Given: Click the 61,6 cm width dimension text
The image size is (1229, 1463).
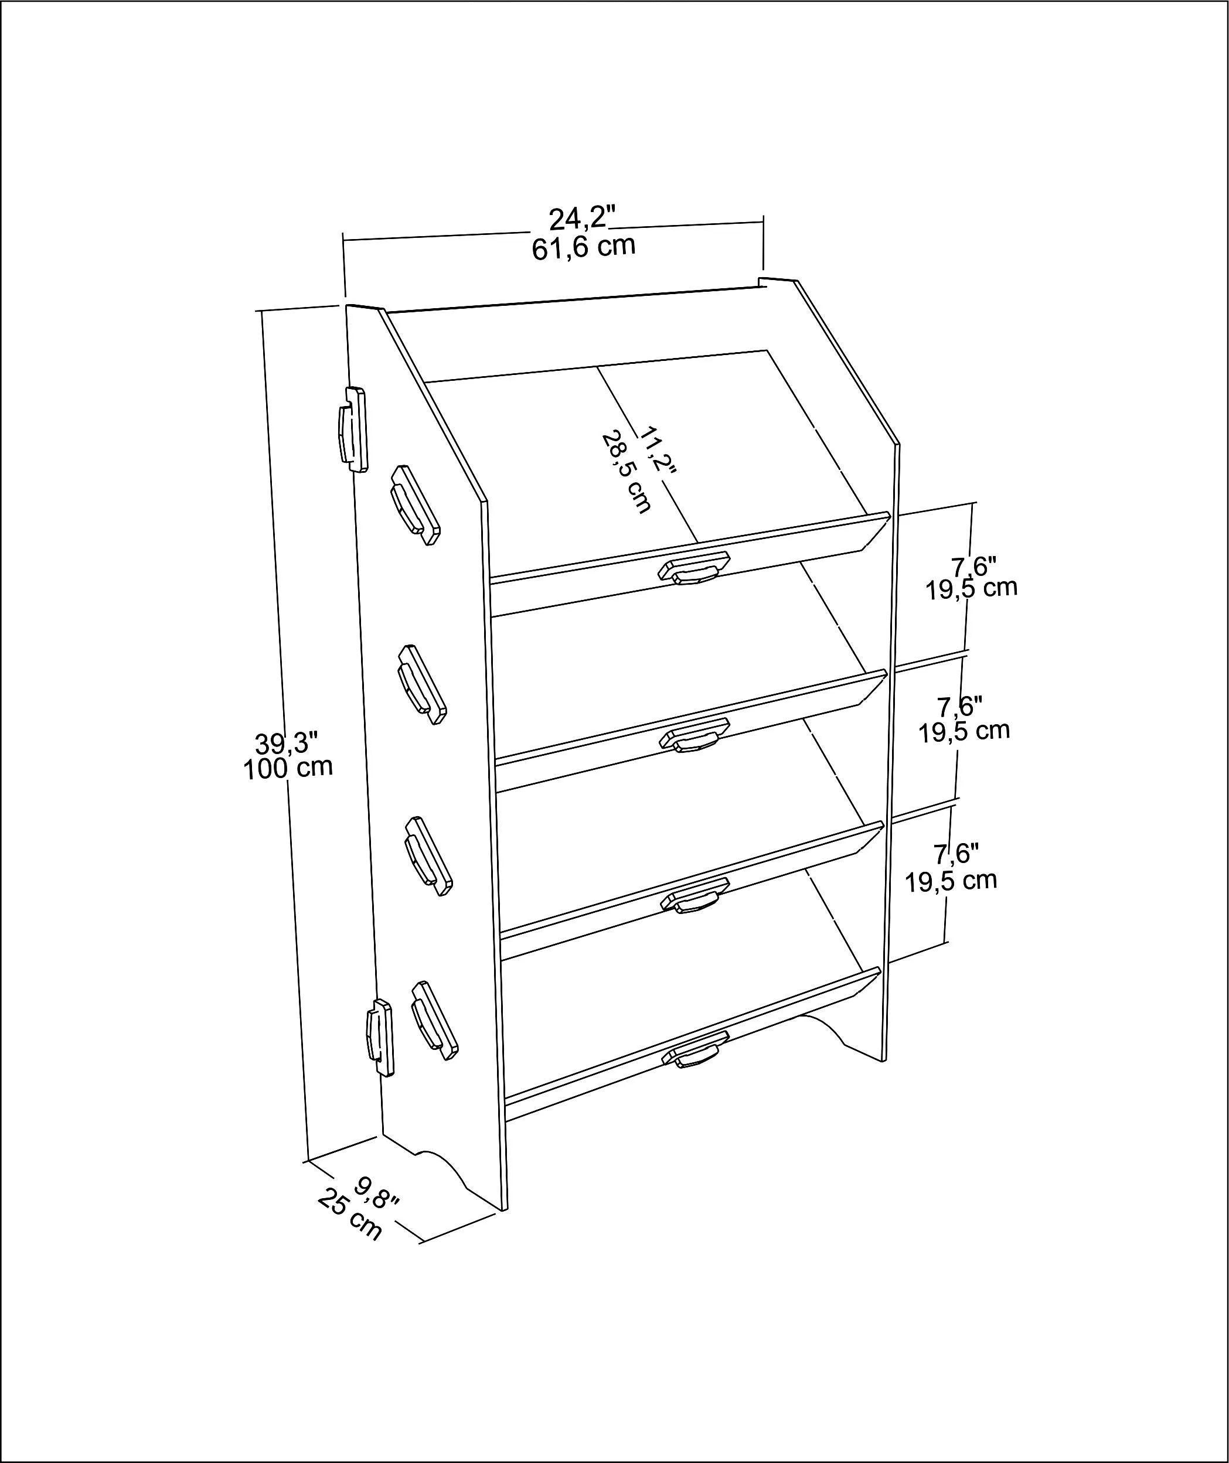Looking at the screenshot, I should tap(583, 247).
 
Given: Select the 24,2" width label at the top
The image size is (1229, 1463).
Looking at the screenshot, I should tap(583, 219).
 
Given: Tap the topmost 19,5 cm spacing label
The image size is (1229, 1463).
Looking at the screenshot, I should tap(971, 588).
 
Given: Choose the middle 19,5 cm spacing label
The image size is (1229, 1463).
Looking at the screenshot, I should tap(964, 731).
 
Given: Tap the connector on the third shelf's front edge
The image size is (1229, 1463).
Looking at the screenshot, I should tap(694, 899).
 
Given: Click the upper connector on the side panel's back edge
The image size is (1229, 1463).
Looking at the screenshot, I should tap(353, 430).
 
